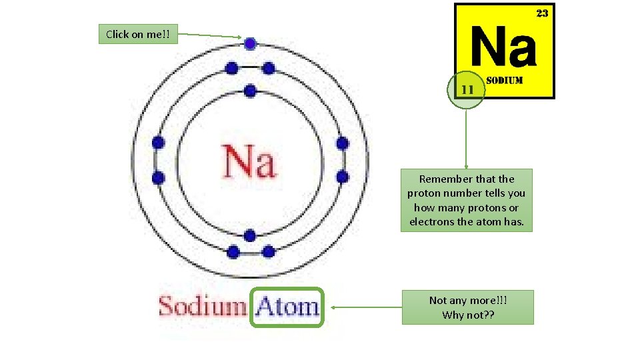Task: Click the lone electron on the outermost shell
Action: tap(250, 44)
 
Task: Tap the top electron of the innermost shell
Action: tap(250, 91)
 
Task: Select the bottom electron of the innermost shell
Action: tap(250, 235)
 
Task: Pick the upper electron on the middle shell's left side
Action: tap(158, 143)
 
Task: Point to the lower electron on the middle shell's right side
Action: tap(343, 177)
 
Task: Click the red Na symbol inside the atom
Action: tap(249, 163)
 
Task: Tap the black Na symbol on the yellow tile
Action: tap(503, 47)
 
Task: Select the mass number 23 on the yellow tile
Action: tap(542, 13)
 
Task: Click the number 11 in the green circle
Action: tap(467, 89)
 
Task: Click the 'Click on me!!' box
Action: tap(138, 35)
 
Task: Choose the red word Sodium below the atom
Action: tap(202, 307)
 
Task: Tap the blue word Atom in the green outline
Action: tap(287, 307)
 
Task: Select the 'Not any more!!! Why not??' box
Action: tap(467, 307)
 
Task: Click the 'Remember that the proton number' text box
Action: tap(467, 200)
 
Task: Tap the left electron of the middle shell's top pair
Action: tap(231, 68)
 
